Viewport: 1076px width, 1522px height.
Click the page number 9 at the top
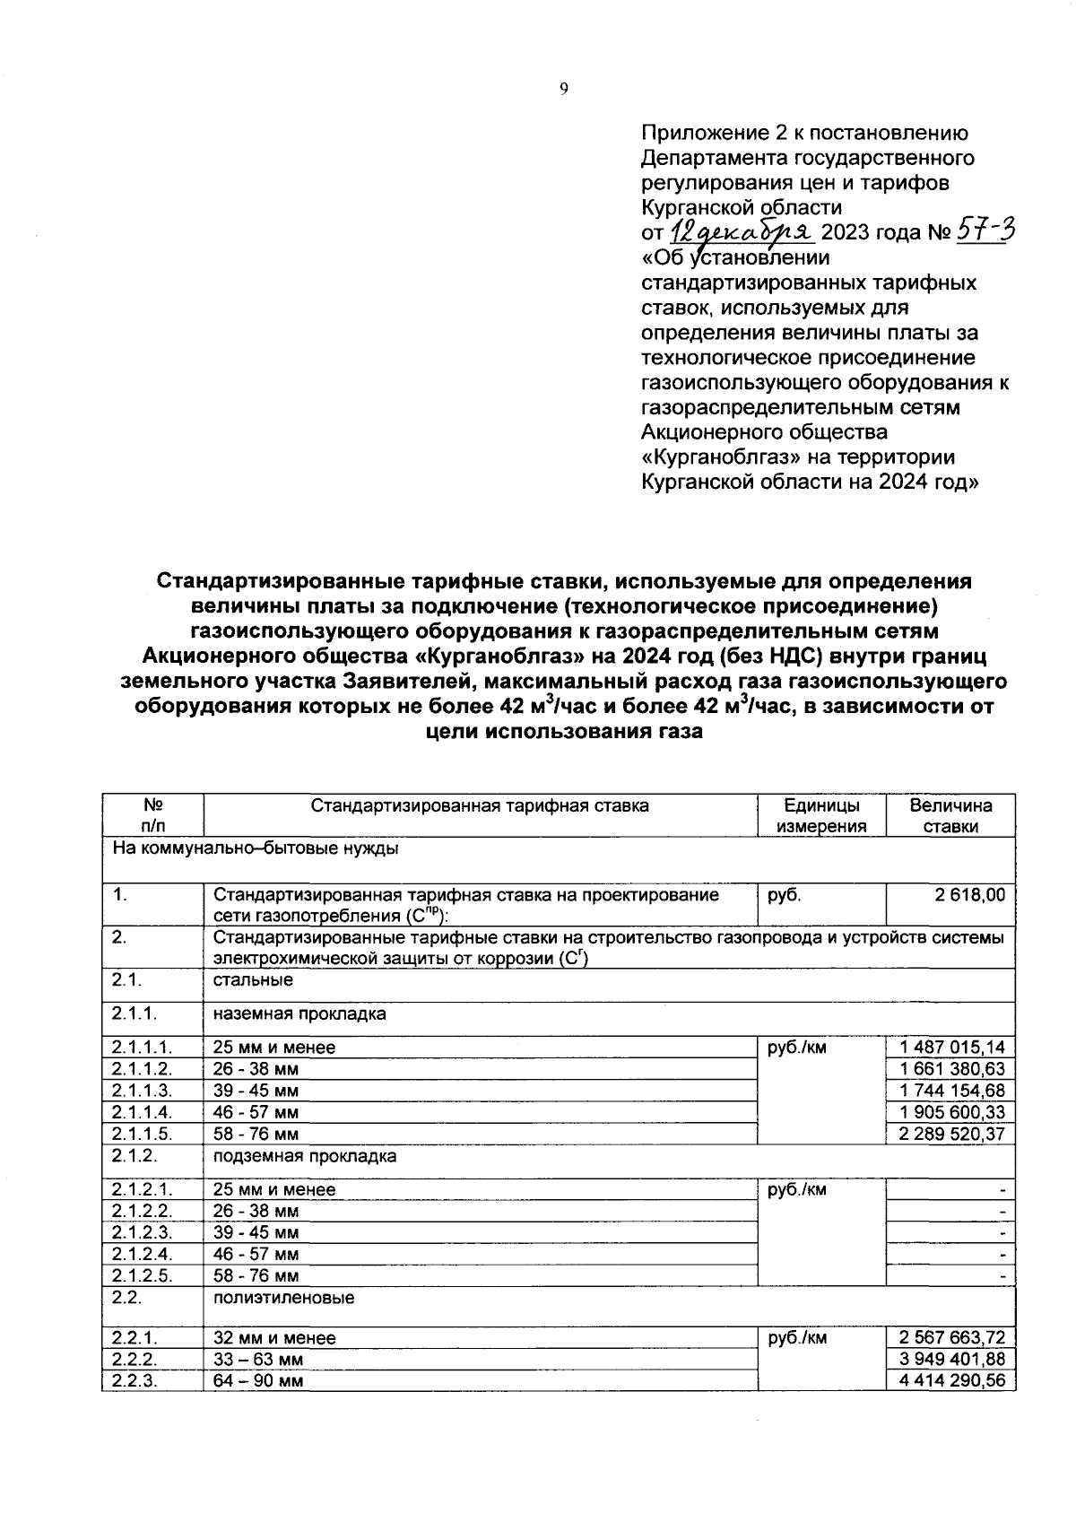563,88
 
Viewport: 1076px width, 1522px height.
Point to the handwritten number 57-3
985,231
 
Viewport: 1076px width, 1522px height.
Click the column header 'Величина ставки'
950,815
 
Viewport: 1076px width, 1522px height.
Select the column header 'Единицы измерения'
821,815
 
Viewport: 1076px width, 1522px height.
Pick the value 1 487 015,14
953,1047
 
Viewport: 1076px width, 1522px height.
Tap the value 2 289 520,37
953,1133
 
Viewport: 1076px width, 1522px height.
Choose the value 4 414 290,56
953,1380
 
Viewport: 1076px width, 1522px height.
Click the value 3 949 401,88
953,1359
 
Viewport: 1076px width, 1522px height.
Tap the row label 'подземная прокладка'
305,1156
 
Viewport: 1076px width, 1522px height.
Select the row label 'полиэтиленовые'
283,1298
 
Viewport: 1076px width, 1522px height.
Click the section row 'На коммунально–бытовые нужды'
256,848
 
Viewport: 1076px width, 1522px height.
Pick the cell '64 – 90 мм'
258,1381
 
